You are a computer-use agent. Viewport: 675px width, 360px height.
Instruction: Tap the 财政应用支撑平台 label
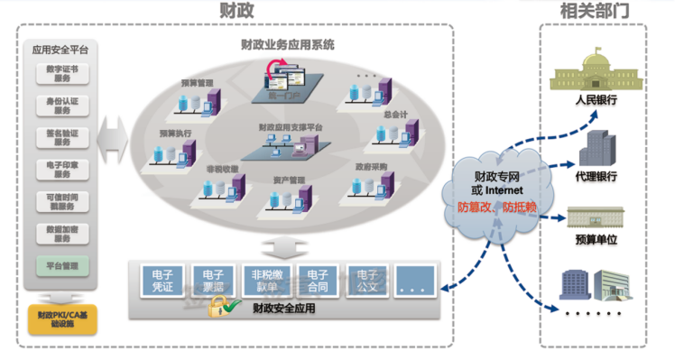click(291, 127)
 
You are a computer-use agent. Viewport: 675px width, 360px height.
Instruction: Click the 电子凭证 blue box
click(162, 280)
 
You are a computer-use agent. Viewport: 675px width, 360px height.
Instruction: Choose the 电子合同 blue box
click(317, 280)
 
